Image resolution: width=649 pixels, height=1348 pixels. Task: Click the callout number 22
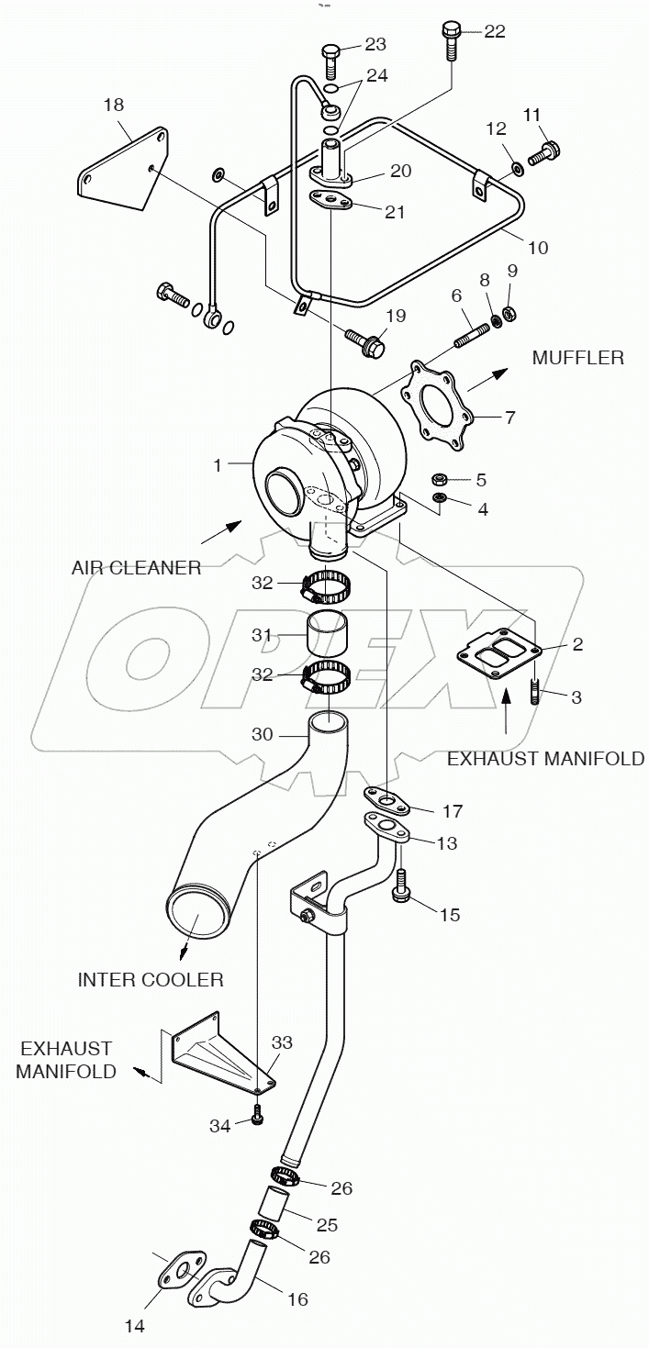pos(494,32)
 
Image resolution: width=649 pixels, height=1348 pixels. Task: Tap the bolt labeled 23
pos(331,60)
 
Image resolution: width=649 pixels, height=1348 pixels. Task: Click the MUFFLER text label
pos(577,357)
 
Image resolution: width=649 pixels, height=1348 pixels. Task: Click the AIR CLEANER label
pos(136,567)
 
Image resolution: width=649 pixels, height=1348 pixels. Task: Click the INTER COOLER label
pos(150,979)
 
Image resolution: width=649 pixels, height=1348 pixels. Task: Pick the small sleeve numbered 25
pos(276,1201)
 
